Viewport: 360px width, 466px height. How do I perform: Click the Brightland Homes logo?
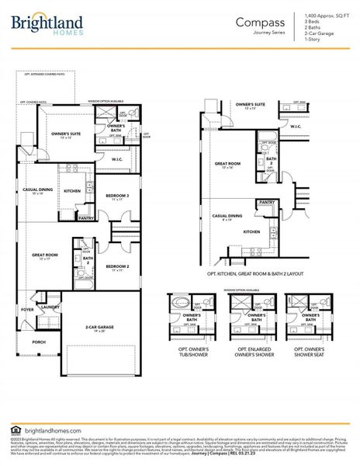click(x=47, y=25)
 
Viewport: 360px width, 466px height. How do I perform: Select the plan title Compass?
click(x=259, y=23)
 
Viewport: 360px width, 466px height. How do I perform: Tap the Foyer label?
click(x=28, y=309)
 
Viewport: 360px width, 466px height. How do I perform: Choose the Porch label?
click(x=39, y=341)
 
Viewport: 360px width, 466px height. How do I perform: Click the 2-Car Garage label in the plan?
click(x=99, y=328)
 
